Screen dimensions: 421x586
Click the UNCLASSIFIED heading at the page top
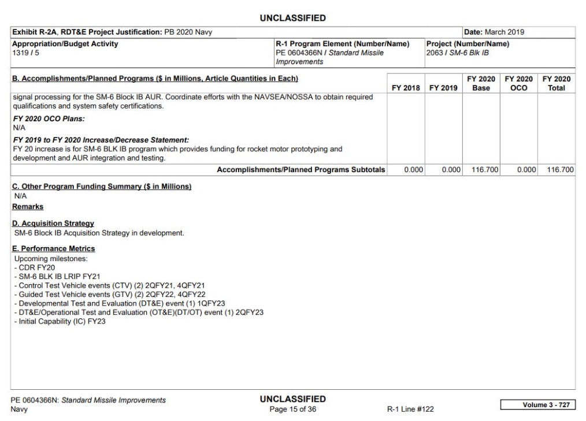pyautogui.click(x=293, y=18)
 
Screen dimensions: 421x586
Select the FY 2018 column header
pyautogui.click(x=405, y=88)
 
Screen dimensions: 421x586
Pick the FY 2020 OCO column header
pyautogui.click(x=517, y=84)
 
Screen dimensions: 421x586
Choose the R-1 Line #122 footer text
pyautogui.click(x=410, y=409)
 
